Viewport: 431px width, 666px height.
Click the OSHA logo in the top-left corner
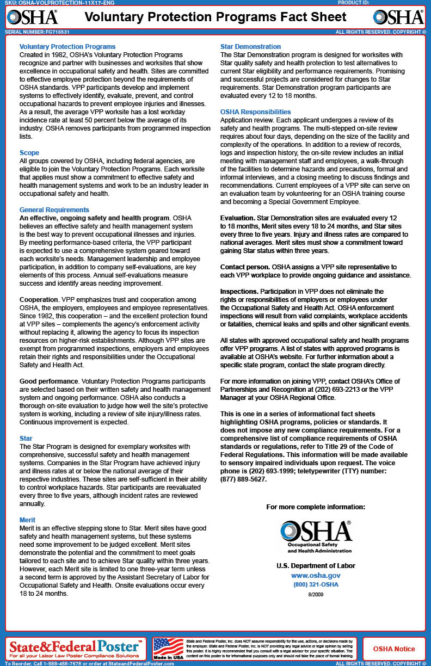click(x=32, y=17)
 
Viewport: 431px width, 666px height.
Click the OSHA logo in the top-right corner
click(x=398, y=17)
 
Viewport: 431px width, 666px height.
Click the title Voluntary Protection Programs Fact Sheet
click(x=215, y=17)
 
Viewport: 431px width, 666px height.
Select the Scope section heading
click(x=29, y=153)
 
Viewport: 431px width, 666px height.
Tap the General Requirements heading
click(x=54, y=209)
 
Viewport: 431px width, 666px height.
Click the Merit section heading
click(x=27, y=520)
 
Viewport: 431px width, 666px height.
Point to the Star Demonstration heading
click(x=250, y=47)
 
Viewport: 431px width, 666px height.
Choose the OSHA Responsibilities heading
click(x=255, y=112)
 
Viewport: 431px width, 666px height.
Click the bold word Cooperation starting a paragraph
click(x=39, y=300)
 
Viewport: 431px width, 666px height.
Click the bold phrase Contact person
click(x=245, y=267)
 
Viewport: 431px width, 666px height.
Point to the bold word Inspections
click(x=239, y=292)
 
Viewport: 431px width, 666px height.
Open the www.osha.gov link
click(x=316, y=575)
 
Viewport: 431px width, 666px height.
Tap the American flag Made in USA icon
click(x=168, y=648)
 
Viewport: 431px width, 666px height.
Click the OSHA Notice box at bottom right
click(x=393, y=649)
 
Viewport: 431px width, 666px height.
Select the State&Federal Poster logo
click(x=76, y=647)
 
